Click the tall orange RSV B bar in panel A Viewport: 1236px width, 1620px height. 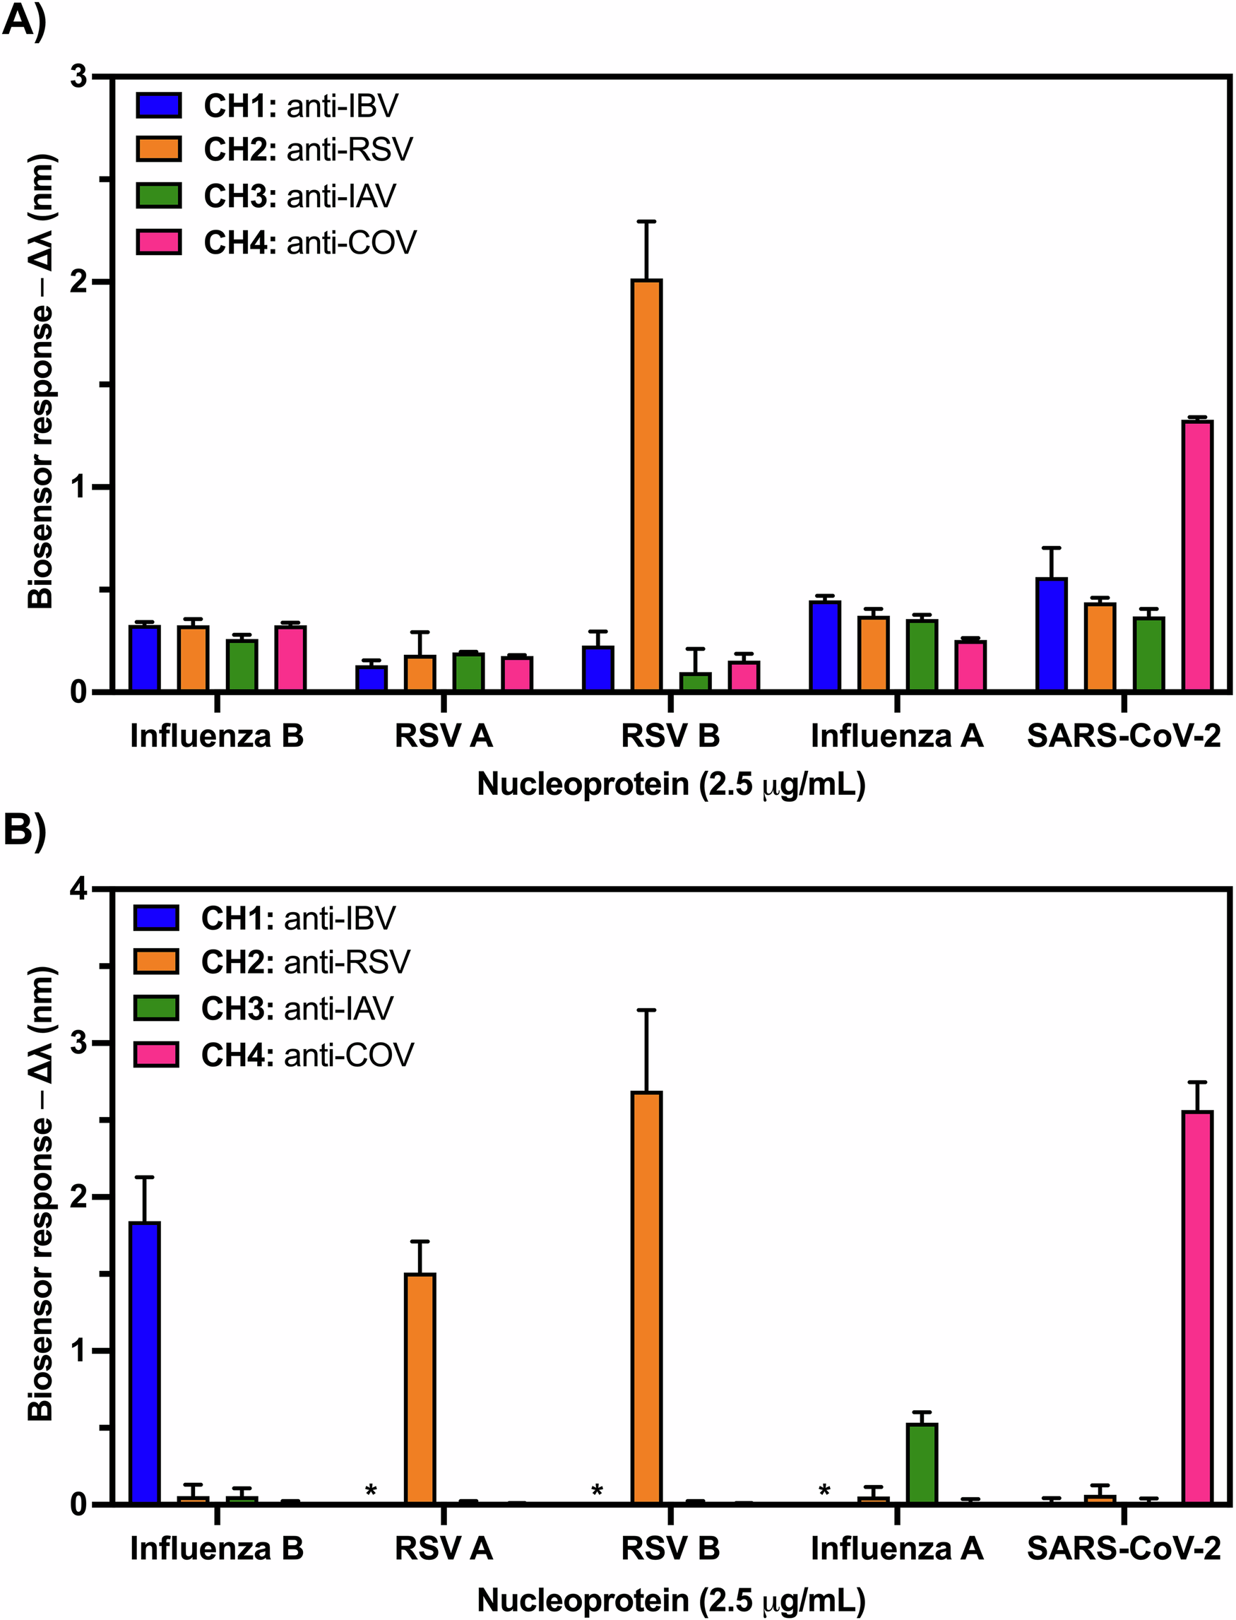(x=647, y=486)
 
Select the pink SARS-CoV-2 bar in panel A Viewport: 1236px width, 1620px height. (x=1197, y=557)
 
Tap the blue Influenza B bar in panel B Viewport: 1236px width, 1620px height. (x=144, y=1362)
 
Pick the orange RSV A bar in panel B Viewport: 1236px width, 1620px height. (x=420, y=1388)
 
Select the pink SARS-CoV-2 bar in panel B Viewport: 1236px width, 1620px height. (x=1197, y=1307)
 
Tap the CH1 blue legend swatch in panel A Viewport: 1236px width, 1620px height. (x=158, y=105)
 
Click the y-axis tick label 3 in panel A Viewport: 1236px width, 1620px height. (x=78, y=76)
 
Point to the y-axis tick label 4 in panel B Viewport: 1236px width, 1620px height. (x=78, y=891)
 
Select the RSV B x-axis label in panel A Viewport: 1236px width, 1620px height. (x=670, y=735)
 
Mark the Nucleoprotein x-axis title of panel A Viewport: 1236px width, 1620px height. (x=671, y=784)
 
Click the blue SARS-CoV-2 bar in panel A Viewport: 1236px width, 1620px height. (x=1052, y=634)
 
